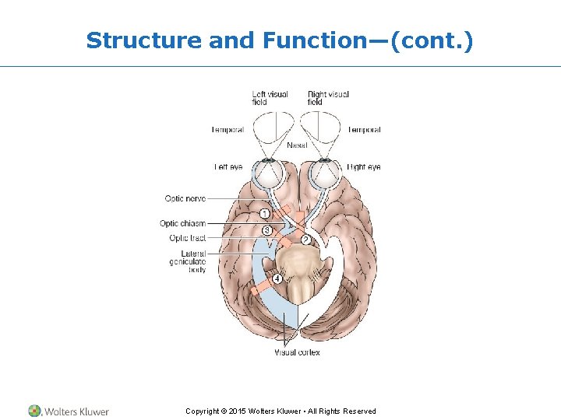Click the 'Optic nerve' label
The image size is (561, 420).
point(185,199)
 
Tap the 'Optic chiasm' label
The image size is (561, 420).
point(183,224)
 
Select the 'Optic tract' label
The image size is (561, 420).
point(188,238)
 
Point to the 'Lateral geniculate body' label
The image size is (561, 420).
point(188,261)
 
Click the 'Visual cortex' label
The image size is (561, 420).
point(297,352)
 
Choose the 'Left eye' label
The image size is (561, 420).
point(228,167)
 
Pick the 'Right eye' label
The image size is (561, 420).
point(365,167)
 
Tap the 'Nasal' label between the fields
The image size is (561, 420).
point(297,145)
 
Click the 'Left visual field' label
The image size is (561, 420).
point(270,98)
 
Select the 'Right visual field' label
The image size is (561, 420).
point(328,98)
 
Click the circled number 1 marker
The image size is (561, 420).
point(265,215)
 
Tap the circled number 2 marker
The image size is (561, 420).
point(306,240)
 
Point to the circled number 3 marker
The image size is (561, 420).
point(267,230)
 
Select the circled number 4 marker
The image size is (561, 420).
point(277,278)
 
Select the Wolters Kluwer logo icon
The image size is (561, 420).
point(35,411)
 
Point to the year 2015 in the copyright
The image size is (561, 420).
point(237,411)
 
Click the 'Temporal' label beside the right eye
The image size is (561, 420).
point(365,130)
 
